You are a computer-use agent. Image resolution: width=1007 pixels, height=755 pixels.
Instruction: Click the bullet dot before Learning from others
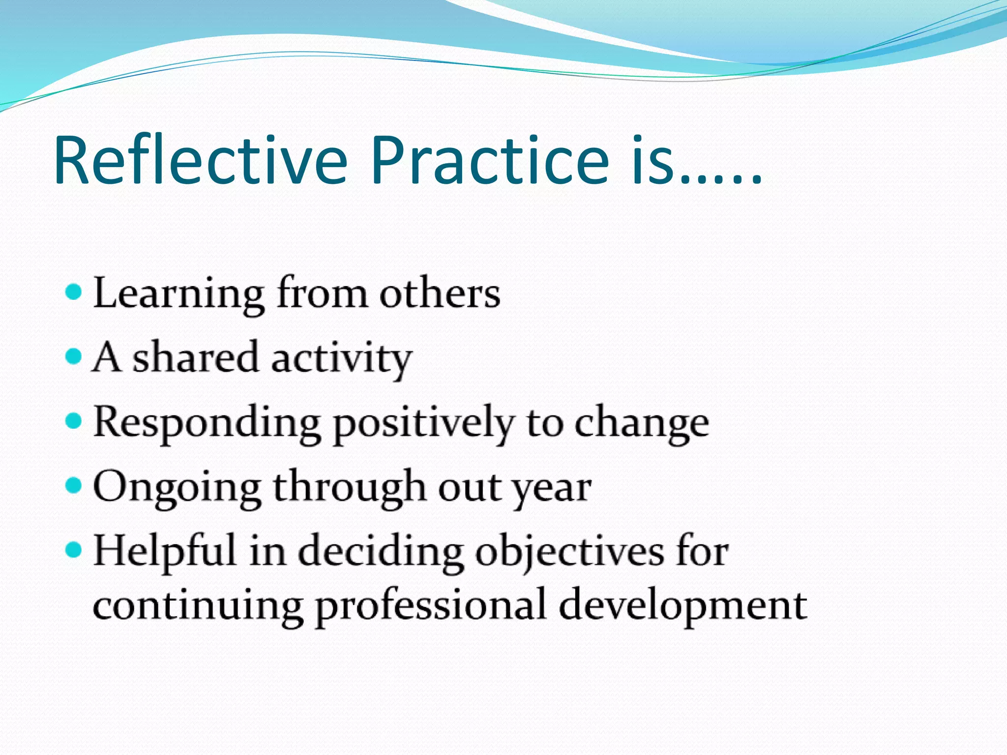click(x=73, y=292)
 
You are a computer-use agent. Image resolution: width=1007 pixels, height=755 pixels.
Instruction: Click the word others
click(x=440, y=294)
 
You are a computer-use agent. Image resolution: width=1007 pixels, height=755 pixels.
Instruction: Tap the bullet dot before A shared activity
click(x=73, y=356)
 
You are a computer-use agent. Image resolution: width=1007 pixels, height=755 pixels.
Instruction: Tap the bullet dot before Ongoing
click(x=73, y=486)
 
